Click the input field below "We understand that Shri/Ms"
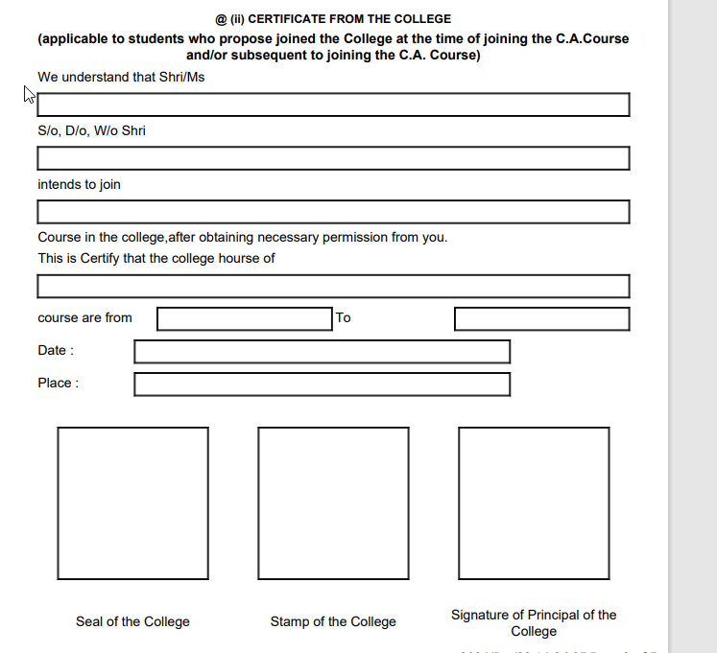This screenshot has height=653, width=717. click(x=333, y=105)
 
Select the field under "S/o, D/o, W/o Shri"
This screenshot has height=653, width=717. click(x=333, y=158)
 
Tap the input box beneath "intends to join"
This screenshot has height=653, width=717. click(x=333, y=212)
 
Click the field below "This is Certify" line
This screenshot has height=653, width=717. click(x=333, y=287)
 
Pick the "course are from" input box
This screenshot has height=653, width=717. click(x=244, y=319)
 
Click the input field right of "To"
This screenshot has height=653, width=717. click(x=541, y=319)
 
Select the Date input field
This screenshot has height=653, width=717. click(x=322, y=352)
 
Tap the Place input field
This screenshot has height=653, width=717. click(x=322, y=385)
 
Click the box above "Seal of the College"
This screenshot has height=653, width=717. click(x=132, y=503)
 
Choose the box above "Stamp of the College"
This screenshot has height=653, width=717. click(x=333, y=503)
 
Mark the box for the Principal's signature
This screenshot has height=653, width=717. click(x=534, y=503)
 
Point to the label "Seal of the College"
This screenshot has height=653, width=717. click(x=132, y=622)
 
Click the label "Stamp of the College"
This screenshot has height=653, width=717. click(x=333, y=622)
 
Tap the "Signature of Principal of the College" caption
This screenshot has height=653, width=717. click(x=534, y=623)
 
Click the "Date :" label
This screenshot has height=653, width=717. click(x=56, y=351)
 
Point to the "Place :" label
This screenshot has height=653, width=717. click(x=58, y=384)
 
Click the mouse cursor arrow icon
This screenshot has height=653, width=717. click(x=29, y=94)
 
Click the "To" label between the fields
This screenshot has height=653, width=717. click(x=344, y=318)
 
